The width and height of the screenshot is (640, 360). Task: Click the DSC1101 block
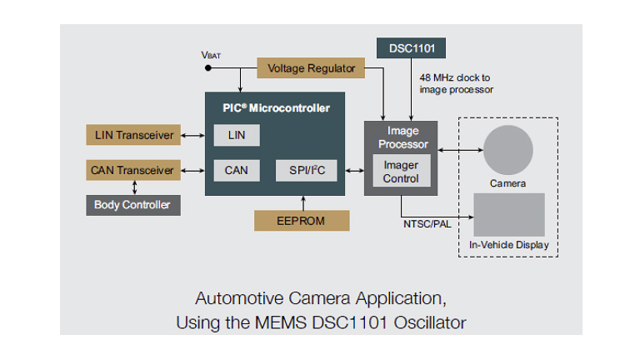click(x=412, y=48)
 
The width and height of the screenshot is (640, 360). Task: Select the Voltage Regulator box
click(x=312, y=68)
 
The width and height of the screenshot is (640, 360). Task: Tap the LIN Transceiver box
click(x=132, y=135)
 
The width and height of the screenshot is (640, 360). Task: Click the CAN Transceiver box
click(x=132, y=170)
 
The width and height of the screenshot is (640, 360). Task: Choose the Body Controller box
click(x=132, y=205)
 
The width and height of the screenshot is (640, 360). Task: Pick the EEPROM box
click(x=301, y=221)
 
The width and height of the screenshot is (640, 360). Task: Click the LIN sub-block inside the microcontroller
click(x=236, y=135)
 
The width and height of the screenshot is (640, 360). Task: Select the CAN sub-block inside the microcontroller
click(x=236, y=170)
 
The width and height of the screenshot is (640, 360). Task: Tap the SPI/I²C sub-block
click(x=306, y=170)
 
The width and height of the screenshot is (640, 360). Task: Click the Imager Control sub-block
click(x=401, y=171)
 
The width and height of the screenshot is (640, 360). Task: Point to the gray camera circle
click(x=508, y=149)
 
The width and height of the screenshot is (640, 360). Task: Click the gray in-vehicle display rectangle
click(x=508, y=215)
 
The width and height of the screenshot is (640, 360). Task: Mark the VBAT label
click(x=211, y=54)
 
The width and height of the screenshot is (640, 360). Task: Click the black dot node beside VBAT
click(x=207, y=68)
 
